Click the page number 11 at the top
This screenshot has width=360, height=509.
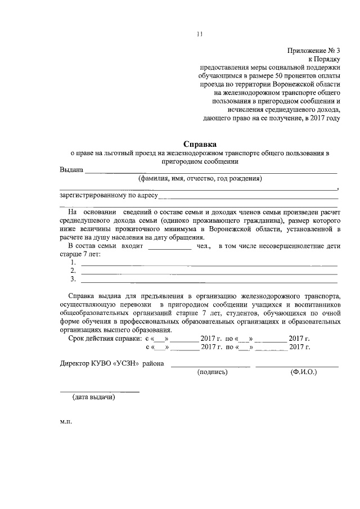(x=199, y=34)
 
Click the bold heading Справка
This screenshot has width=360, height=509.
(x=199, y=143)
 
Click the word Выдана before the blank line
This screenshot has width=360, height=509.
(x=71, y=170)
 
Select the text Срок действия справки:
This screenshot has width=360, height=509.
(x=105, y=339)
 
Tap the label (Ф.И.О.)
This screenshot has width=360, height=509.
(x=303, y=372)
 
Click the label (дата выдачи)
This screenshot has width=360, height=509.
(x=93, y=398)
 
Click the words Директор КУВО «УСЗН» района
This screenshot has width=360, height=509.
(x=112, y=364)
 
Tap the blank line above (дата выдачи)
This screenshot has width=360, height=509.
(x=100, y=391)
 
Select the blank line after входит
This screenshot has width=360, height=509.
(x=169, y=249)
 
